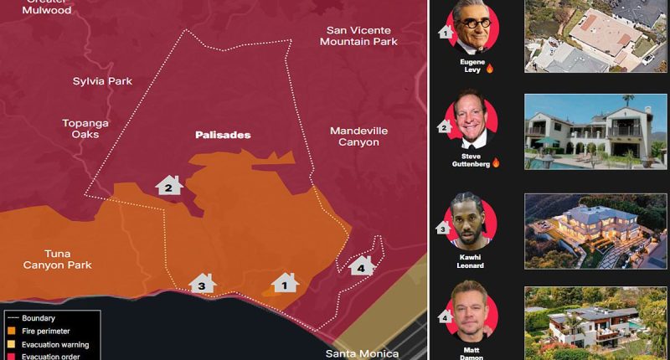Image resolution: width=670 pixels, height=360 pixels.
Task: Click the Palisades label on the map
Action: (223, 135)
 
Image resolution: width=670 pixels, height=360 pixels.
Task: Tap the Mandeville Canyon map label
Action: (354, 136)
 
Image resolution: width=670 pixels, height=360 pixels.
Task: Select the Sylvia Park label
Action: (102, 81)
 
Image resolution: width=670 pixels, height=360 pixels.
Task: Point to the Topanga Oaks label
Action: (85, 129)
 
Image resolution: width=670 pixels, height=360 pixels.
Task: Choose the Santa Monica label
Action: (362, 353)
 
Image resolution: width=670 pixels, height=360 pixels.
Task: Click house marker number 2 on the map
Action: (169, 186)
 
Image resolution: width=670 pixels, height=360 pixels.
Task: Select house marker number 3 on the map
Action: (202, 284)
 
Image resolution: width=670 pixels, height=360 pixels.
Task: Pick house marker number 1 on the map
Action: (285, 283)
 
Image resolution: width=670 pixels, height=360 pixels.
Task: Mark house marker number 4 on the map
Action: (361, 266)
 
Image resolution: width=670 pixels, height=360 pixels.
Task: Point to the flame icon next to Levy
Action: (490, 69)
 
